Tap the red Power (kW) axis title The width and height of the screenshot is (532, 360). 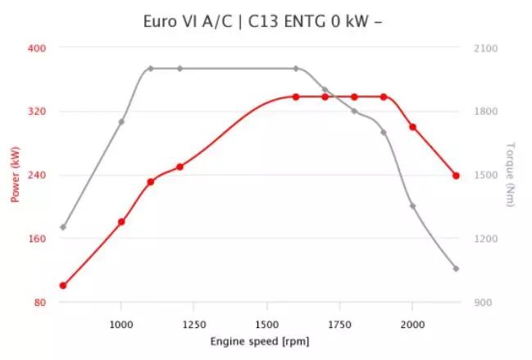click(15, 175)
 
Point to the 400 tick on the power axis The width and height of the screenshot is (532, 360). click(36, 48)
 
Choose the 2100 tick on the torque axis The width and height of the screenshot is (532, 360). click(486, 48)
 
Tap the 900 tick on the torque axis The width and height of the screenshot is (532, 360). click(484, 303)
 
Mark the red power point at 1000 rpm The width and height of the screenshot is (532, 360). click(121, 221)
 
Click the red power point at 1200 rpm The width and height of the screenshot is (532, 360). click(180, 166)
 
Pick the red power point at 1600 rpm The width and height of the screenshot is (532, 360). click(296, 97)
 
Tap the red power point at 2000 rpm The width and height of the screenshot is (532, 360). click(412, 127)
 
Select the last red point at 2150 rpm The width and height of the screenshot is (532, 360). click(456, 175)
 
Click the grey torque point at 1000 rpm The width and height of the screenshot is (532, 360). click(121, 121)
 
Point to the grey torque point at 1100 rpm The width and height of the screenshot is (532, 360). click(151, 68)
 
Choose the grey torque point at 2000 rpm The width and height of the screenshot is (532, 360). click(412, 206)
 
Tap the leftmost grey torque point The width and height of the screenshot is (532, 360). click(63, 227)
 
